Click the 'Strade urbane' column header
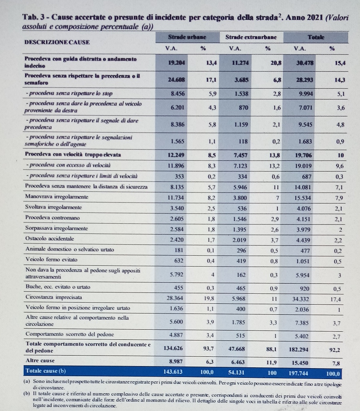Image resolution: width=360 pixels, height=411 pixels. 187,37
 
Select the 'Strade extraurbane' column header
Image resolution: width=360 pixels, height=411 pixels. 251,37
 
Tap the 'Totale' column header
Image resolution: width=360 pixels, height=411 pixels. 316,37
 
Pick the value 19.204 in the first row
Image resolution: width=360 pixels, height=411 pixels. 176,63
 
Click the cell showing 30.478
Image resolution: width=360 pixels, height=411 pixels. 305,63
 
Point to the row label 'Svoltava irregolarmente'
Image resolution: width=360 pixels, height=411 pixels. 53,208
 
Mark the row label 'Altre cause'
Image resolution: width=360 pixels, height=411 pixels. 40,360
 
